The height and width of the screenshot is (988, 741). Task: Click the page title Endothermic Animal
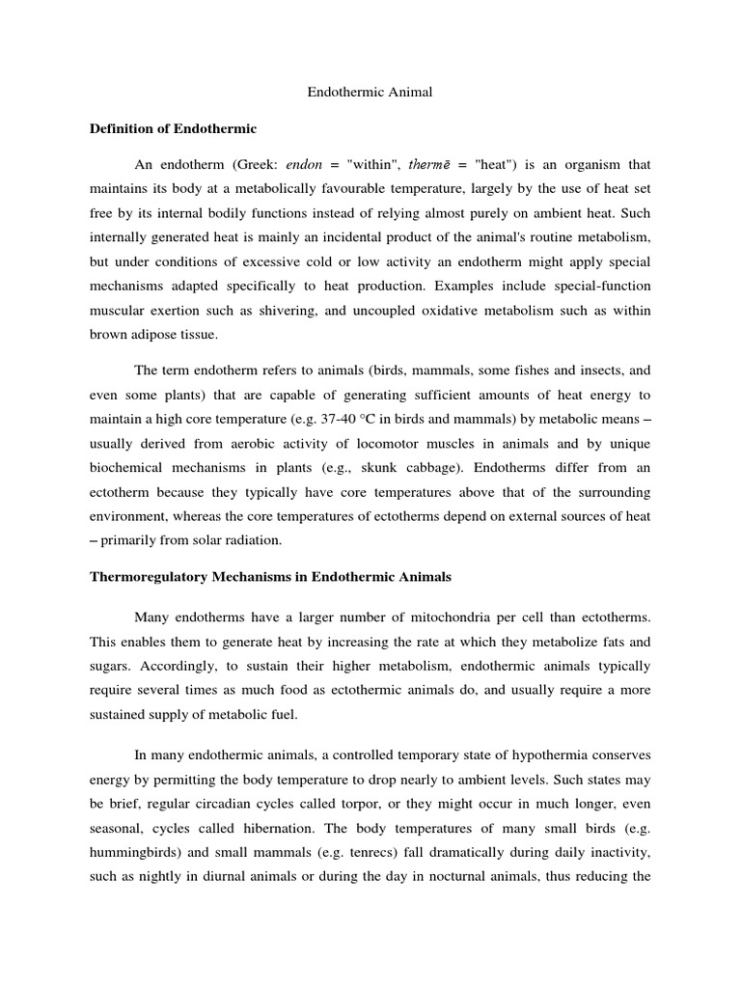pyautogui.click(x=370, y=93)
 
